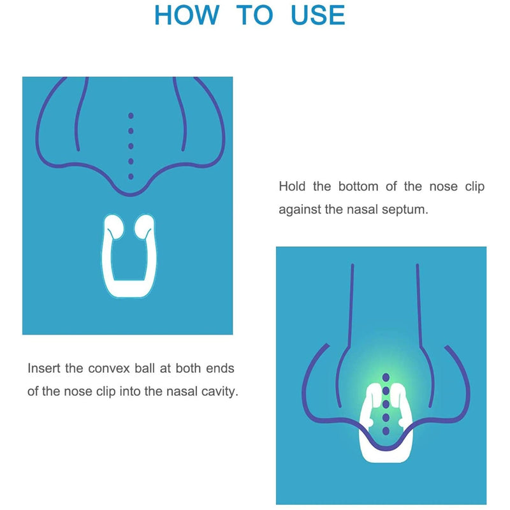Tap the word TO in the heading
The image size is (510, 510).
[254, 15]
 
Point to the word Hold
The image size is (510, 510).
[293, 187]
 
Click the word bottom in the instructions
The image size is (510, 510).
[361, 187]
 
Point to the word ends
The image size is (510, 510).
[222, 368]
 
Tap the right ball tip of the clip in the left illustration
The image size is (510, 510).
[145, 224]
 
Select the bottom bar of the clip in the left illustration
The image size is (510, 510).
[129, 288]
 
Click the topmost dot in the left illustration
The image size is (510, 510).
[131, 116]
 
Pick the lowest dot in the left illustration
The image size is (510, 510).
[131, 176]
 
